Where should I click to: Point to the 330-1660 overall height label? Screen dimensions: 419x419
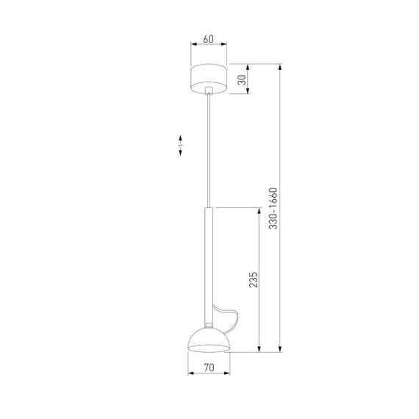click(273, 210)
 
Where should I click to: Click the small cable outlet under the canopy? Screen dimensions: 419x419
click(210, 93)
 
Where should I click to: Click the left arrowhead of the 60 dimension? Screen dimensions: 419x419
click(193, 45)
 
